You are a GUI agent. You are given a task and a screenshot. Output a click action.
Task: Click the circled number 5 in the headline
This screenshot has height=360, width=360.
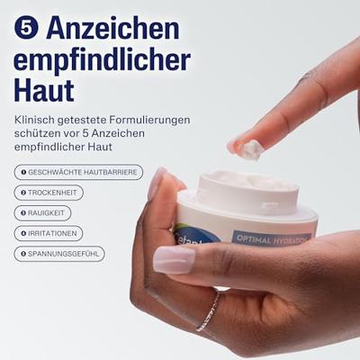26,29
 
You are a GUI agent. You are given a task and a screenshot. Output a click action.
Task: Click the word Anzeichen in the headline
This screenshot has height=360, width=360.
112,28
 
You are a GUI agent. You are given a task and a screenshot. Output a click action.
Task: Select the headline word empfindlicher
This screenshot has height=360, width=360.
103,60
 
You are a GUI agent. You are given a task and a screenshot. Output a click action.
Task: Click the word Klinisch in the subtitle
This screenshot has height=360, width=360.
34,120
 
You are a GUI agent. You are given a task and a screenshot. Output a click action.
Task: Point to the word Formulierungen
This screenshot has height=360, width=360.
149,121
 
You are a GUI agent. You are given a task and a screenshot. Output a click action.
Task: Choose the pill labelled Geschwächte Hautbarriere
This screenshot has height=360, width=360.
78,172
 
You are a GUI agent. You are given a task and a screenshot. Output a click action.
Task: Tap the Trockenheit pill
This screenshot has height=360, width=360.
49,193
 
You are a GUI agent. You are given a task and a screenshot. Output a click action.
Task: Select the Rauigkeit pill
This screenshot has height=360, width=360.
42,213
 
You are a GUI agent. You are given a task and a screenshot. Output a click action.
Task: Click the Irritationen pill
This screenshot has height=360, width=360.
49,233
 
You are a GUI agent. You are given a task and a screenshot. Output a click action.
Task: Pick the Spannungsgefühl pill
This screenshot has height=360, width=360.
59,254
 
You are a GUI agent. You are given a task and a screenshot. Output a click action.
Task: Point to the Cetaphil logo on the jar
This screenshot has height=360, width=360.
196,237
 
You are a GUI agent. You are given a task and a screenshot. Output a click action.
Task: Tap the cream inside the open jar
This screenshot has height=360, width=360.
249,180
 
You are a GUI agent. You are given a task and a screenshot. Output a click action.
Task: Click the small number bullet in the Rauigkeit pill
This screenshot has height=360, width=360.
23,213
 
